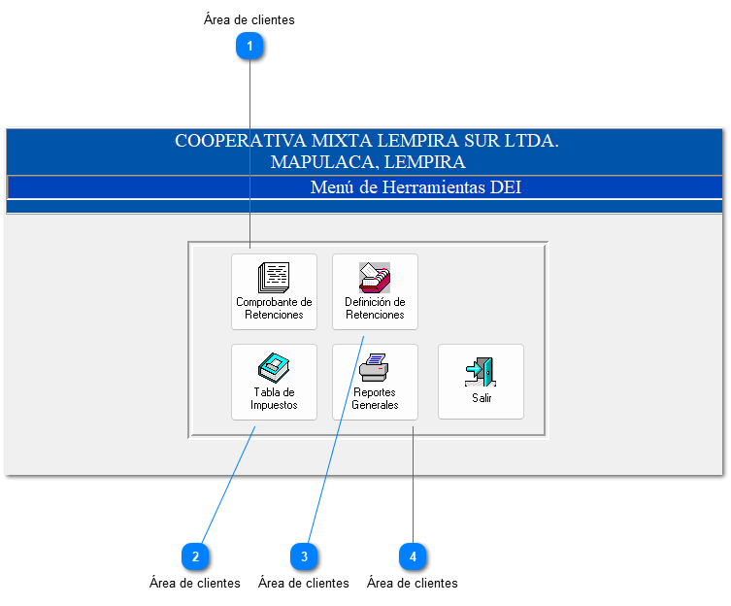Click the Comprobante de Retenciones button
coord(274,291)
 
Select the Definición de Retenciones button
coord(375,291)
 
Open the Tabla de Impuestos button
coord(274,382)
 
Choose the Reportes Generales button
coord(375,382)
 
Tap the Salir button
coord(481,382)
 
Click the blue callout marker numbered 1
coord(250,46)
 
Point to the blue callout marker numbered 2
coord(195,556)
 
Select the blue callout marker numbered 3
coord(304,556)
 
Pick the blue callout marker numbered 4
coord(413,556)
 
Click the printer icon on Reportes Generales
coord(374,368)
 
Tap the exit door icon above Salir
coord(481,372)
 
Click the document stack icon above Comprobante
coord(274,278)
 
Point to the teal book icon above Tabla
coord(274,368)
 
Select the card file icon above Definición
coord(375,278)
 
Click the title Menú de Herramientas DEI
coord(415,186)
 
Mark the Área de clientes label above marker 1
coord(249,19)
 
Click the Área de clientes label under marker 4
coord(413,584)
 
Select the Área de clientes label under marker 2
coord(195,584)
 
